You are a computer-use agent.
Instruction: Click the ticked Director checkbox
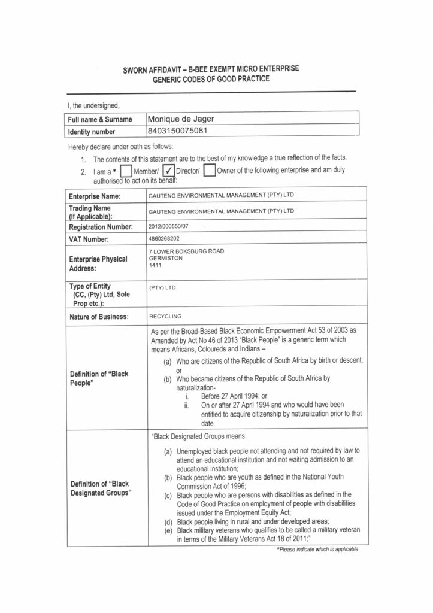[x=169, y=171]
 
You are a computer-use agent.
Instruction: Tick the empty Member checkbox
[x=126, y=171]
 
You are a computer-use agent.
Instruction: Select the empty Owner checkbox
[x=209, y=171]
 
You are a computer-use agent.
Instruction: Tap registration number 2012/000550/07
[x=168, y=227]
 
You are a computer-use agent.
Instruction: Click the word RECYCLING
[x=165, y=316]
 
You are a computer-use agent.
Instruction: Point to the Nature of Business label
[x=98, y=317]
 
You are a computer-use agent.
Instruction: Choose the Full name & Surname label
[x=100, y=120]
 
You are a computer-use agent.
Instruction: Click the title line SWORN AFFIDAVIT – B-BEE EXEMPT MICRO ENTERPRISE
[x=211, y=70]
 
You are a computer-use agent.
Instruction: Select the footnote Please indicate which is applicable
[x=317, y=549]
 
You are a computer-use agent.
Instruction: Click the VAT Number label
[x=89, y=239]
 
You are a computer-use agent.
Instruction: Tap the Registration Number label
[x=100, y=227]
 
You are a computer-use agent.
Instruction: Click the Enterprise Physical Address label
[x=98, y=263]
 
